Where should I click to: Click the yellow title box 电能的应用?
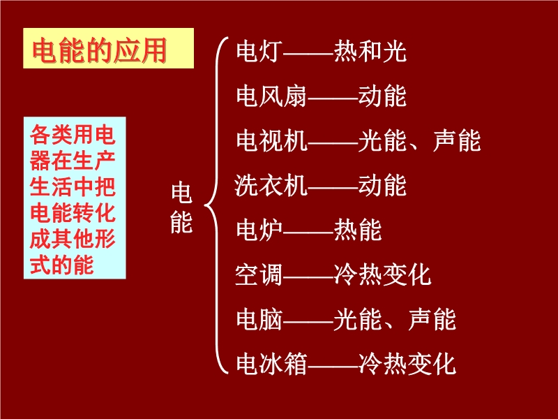click(109, 48)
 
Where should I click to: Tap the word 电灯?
click(259, 51)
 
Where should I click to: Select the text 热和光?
click(370, 51)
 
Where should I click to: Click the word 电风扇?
click(271, 96)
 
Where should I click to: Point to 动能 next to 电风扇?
click(382, 96)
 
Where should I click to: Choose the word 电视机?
click(271, 140)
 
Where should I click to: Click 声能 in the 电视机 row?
click(457, 140)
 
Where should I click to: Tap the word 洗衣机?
click(271, 185)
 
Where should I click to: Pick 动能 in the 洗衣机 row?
click(382, 185)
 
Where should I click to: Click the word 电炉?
click(259, 230)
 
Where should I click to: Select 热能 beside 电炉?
click(358, 230)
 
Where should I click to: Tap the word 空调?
click(259, 274)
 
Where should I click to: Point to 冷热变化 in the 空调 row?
click(382, 274)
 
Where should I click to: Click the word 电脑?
click(259, 320)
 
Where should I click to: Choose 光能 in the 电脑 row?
click(358, 320)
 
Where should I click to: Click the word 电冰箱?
click(271, 364)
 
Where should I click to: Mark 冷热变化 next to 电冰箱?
click(407, 364)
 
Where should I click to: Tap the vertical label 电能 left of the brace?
click(181, 207)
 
